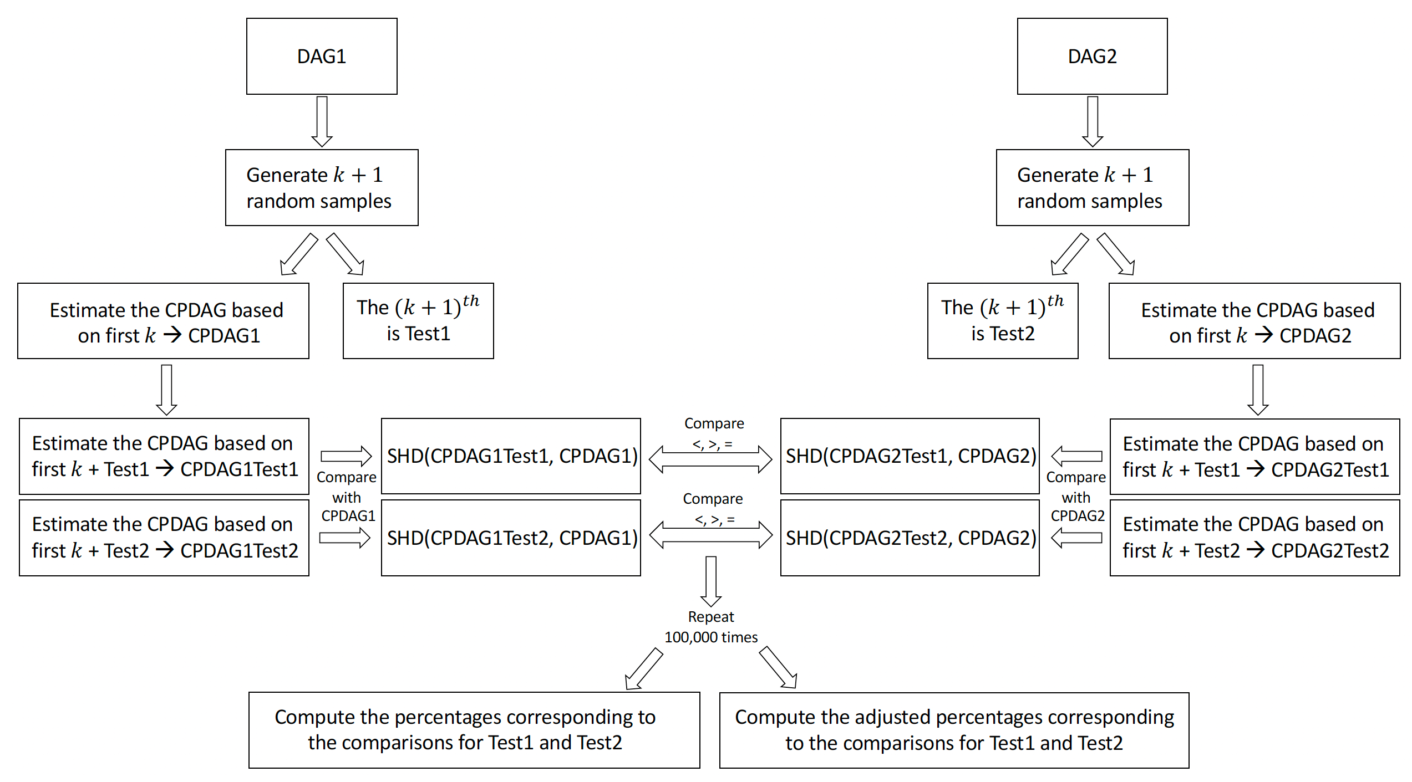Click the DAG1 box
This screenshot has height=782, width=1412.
coord(322,56)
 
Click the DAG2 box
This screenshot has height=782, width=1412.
coord(1092,56)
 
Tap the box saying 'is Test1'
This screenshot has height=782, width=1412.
coord(418,321)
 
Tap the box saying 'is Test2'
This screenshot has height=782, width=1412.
coord(1003,321)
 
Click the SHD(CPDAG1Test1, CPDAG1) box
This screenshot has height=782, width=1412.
coord(511,456)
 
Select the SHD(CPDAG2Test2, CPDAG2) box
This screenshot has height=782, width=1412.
coord(910,538)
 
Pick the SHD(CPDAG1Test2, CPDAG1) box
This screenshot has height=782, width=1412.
coord(511,538)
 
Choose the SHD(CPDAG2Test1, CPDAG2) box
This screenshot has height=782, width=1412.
coord(910,456)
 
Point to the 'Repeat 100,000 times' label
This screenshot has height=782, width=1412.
coord(711,627)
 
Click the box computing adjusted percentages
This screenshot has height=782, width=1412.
coord(954,730)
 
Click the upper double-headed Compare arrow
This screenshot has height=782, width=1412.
coord(710,459)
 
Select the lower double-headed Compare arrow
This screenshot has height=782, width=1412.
coord(710,535)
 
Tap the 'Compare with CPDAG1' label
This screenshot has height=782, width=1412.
coord(347,497)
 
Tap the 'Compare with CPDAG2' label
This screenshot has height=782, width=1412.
coord(1076,497)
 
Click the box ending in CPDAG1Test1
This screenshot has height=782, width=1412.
coord(164,456)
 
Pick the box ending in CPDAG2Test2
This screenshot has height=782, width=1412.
coord(1254,538)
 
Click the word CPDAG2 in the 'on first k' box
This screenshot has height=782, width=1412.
coord(1315,336)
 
